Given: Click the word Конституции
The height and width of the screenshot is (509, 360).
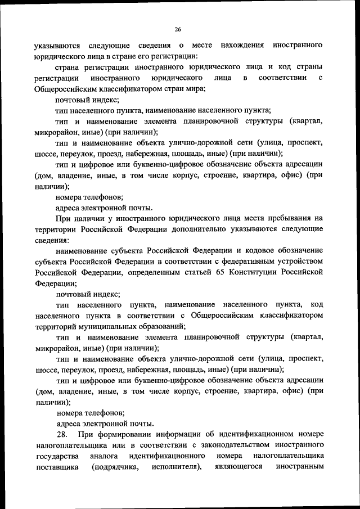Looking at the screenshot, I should pos(250,273).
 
